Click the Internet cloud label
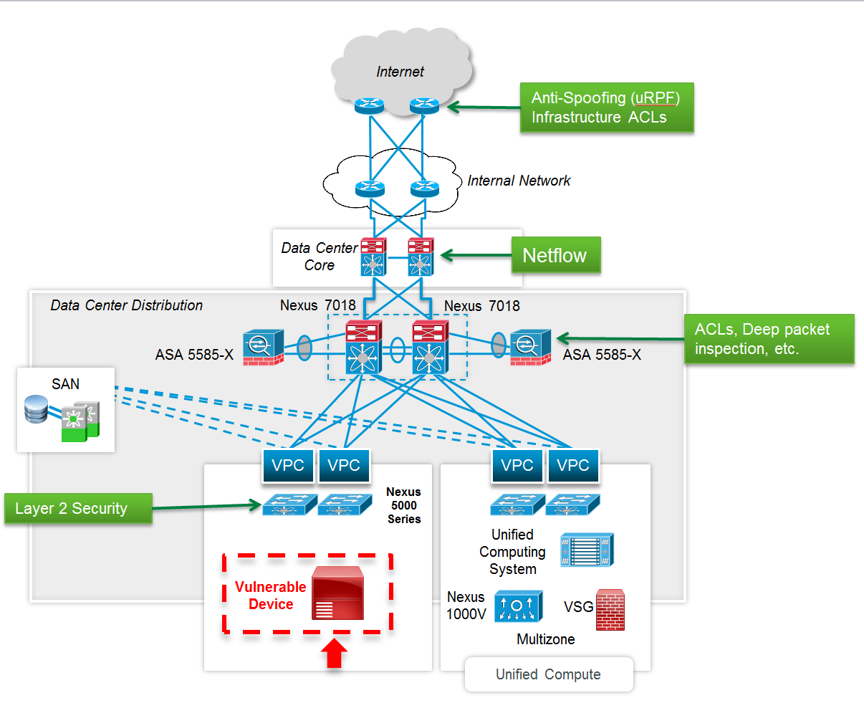pyautogui.click(x=400, y=72)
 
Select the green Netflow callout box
pyautogui.click(x=555, y=256)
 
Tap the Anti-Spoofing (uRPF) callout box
pyautogui.click(x=606, y=107)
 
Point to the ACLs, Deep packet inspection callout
pyautogui.click(x=769, y=339)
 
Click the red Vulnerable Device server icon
pyautogui.click(x=337, y=593)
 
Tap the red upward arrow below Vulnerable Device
pyautogui.click(x=334, y=653)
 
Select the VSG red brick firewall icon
pyautogui.click(x=610, y=610)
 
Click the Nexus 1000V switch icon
pyautogui.click(x=518, y=606)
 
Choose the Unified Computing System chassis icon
pyautogui.click(x=587, y=550)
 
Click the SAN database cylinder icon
pyautogui.click(x=36, y=409)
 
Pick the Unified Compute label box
pyautogui.click(x=549, y=674)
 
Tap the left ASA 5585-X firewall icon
pyautogui.click(x=263, y=348)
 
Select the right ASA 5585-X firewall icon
pyautogui.click(x=530, y=348)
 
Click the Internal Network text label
pyautogui.click(x=519, y=181)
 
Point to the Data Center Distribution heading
pyautogui.click(x=126, y=305)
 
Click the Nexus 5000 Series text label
pyautogui.click(x=403, y=505)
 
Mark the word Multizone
pyautogui.click(x=545, y=639)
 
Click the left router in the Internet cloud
pyautogui.click(x=370, y=106)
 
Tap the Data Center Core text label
pyautogui.click(x=319, y=257)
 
